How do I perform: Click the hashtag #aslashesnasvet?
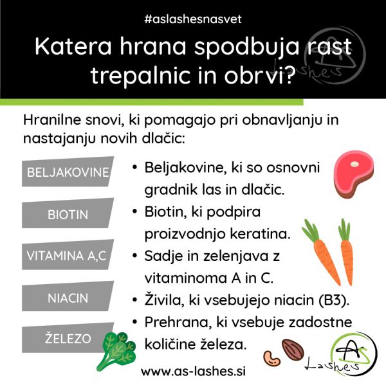coord(193,19)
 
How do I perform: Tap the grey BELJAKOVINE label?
coord(68,172)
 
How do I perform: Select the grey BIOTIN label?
coord(68,213)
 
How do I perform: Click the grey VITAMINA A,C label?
coord(68,255)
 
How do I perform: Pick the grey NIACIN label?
coord(68,296)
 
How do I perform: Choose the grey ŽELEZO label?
coord(68,337)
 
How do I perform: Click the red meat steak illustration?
coord(353,174)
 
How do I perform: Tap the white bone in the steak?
coord(354,164)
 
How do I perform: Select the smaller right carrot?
coord(346,252)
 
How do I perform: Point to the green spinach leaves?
coord(116,350)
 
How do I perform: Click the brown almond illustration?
coord(293,350)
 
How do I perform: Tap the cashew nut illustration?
coord(271,359)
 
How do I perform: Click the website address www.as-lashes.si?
coord(193,371)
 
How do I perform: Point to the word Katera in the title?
coord(73,46)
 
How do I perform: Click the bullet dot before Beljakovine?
coord(134,167)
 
